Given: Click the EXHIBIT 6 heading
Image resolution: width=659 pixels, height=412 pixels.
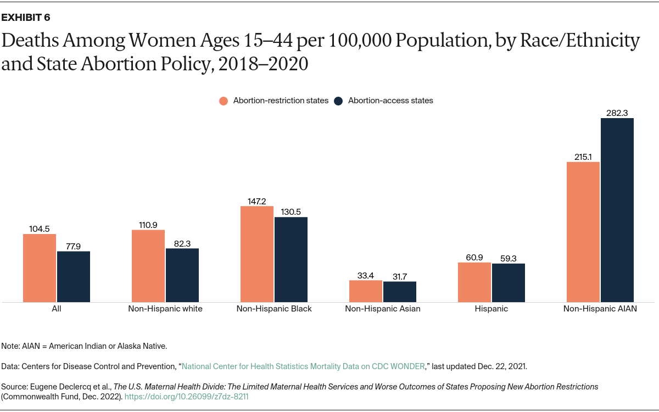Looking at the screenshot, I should click(x=26, y=18).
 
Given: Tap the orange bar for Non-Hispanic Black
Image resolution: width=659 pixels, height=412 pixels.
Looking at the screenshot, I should click(x=257, y=254).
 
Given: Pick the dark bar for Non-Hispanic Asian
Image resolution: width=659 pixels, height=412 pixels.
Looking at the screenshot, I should click(x=400, y=291).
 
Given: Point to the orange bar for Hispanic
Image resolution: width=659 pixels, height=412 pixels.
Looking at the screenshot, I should click(x=474, y=282).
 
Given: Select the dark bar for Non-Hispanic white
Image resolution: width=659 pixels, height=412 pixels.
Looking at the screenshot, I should click(x=182, y=275).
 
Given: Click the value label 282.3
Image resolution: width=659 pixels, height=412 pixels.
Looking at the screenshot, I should click(x=617, y=113).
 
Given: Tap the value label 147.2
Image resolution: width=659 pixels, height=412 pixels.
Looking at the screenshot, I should click(x=257, y=202).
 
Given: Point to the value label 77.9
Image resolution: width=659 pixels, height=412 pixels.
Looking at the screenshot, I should click(x=74, y=246).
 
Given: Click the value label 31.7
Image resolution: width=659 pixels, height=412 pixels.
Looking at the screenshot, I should click(x=400, y=276).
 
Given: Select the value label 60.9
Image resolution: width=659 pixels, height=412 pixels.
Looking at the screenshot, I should click(x=474, y=257).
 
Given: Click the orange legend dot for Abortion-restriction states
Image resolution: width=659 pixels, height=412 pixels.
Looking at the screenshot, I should click(x=224, y=101).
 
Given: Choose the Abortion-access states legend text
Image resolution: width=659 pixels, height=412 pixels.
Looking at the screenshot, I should click(x=390, y=101).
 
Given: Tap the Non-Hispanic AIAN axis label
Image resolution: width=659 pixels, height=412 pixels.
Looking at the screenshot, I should click(x=600, y=309).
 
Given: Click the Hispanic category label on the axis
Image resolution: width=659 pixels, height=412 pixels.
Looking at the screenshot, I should click(x=492, y=309).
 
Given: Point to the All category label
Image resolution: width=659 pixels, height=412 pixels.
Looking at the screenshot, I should click(x=57, y=309).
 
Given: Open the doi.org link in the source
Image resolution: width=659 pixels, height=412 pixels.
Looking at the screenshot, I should click(x=190, y=396).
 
